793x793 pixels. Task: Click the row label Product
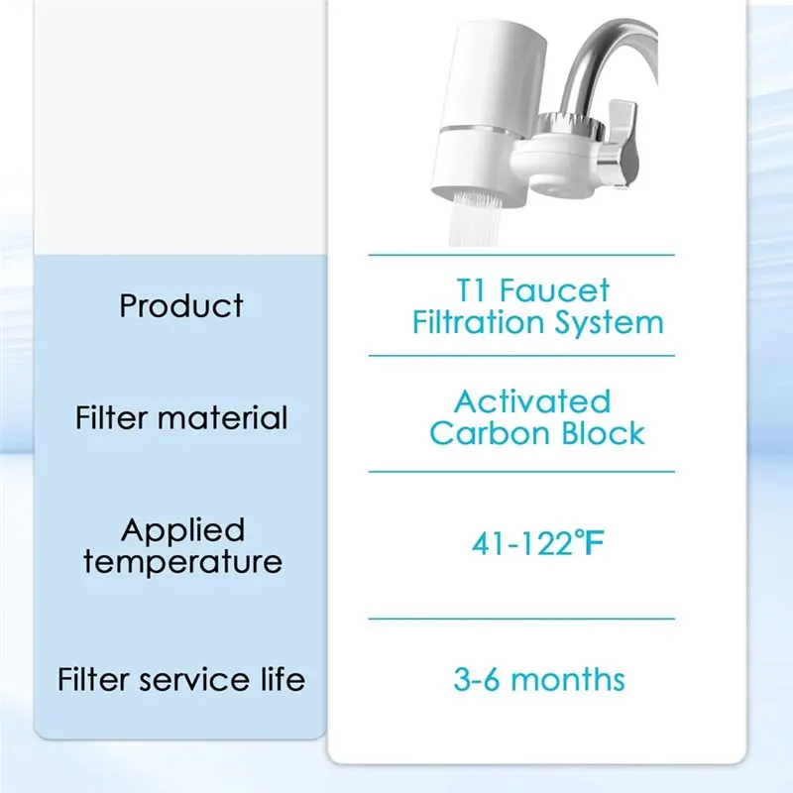click(x=181, y=306)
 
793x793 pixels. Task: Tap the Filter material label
click(x=181, y=418)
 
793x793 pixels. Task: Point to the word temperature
click(x=182, y=561)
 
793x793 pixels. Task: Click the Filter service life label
click(x=181, y=679)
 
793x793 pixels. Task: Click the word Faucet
click(x=555, y=290)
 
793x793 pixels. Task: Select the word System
click(x=609, y=324)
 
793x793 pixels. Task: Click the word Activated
click(x=532, y=402)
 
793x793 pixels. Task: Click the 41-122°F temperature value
click(x=538, y=543)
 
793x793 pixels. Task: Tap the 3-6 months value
click(x=539, y=679)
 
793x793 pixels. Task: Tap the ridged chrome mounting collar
click(x=570, y=128)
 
